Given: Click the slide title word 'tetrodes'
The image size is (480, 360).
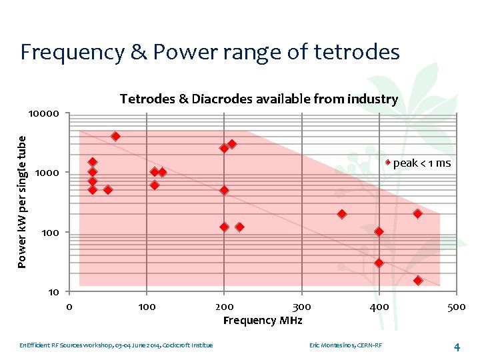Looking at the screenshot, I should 358,51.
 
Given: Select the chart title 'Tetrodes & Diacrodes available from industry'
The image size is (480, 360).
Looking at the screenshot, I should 259,99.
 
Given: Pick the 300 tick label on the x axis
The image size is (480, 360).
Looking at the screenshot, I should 301,307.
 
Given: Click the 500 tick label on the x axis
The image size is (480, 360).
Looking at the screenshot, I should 456,307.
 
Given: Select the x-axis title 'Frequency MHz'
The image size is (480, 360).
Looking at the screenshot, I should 263,321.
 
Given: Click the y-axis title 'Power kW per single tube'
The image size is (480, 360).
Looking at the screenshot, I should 22,201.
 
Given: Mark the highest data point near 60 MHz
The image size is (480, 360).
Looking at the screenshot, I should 115,136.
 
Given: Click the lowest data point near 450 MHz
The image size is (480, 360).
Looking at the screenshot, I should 418,281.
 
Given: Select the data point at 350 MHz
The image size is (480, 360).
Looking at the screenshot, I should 342,214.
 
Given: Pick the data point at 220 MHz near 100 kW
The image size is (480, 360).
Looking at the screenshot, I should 239,227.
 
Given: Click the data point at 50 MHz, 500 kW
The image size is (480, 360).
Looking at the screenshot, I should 108,190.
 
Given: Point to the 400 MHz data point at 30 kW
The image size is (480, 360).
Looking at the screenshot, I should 379,263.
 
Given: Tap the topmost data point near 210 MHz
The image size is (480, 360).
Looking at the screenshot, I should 232,143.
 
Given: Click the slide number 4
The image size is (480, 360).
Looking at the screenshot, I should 457,347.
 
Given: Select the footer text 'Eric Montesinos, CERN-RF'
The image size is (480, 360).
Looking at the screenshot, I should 345,345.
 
